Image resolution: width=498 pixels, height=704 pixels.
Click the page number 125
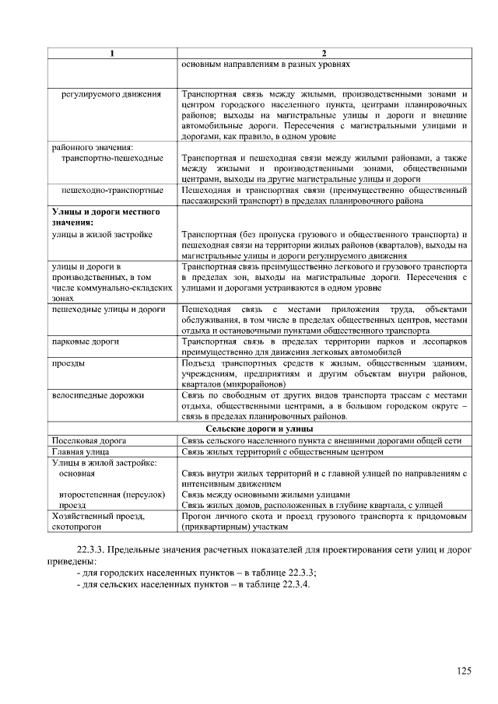coord(464,671)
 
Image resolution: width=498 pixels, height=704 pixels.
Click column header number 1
coord(112,53)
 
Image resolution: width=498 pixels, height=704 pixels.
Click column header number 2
coord(323,53)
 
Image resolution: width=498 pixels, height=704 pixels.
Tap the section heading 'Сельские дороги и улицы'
coord(259,429)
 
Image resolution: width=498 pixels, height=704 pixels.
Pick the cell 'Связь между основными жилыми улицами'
coord(265,494)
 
